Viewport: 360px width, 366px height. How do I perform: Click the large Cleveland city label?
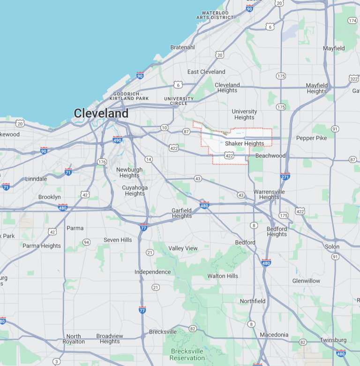pos(101,113)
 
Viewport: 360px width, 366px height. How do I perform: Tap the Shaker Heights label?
pos(244,144)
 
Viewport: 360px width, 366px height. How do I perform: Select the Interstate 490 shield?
pos(118,139)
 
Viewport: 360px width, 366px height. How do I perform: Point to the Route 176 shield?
pos(102,162)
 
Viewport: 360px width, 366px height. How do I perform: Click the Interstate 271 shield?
pos(285,176)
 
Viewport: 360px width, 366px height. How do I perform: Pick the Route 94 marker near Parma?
pos(87,242)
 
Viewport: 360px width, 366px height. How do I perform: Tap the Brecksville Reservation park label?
pos(187,354)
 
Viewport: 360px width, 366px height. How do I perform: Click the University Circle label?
pos(179,101)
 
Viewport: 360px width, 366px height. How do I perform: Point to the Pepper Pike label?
pos(311,138)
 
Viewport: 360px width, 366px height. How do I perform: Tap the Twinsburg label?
pos(333,340)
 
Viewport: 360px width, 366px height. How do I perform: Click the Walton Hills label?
pos(223,276)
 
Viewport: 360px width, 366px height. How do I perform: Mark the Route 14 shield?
pos(149,160)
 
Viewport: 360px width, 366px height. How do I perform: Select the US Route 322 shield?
pos(354,78)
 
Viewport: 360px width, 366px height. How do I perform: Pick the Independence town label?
pos(153,272)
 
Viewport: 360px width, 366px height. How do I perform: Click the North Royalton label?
pos(73,339)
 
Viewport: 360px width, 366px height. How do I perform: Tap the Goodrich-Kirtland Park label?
pos(129,96)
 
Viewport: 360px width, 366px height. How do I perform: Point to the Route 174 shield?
pos(352,21)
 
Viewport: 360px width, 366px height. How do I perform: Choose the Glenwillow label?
pos(306,281)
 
